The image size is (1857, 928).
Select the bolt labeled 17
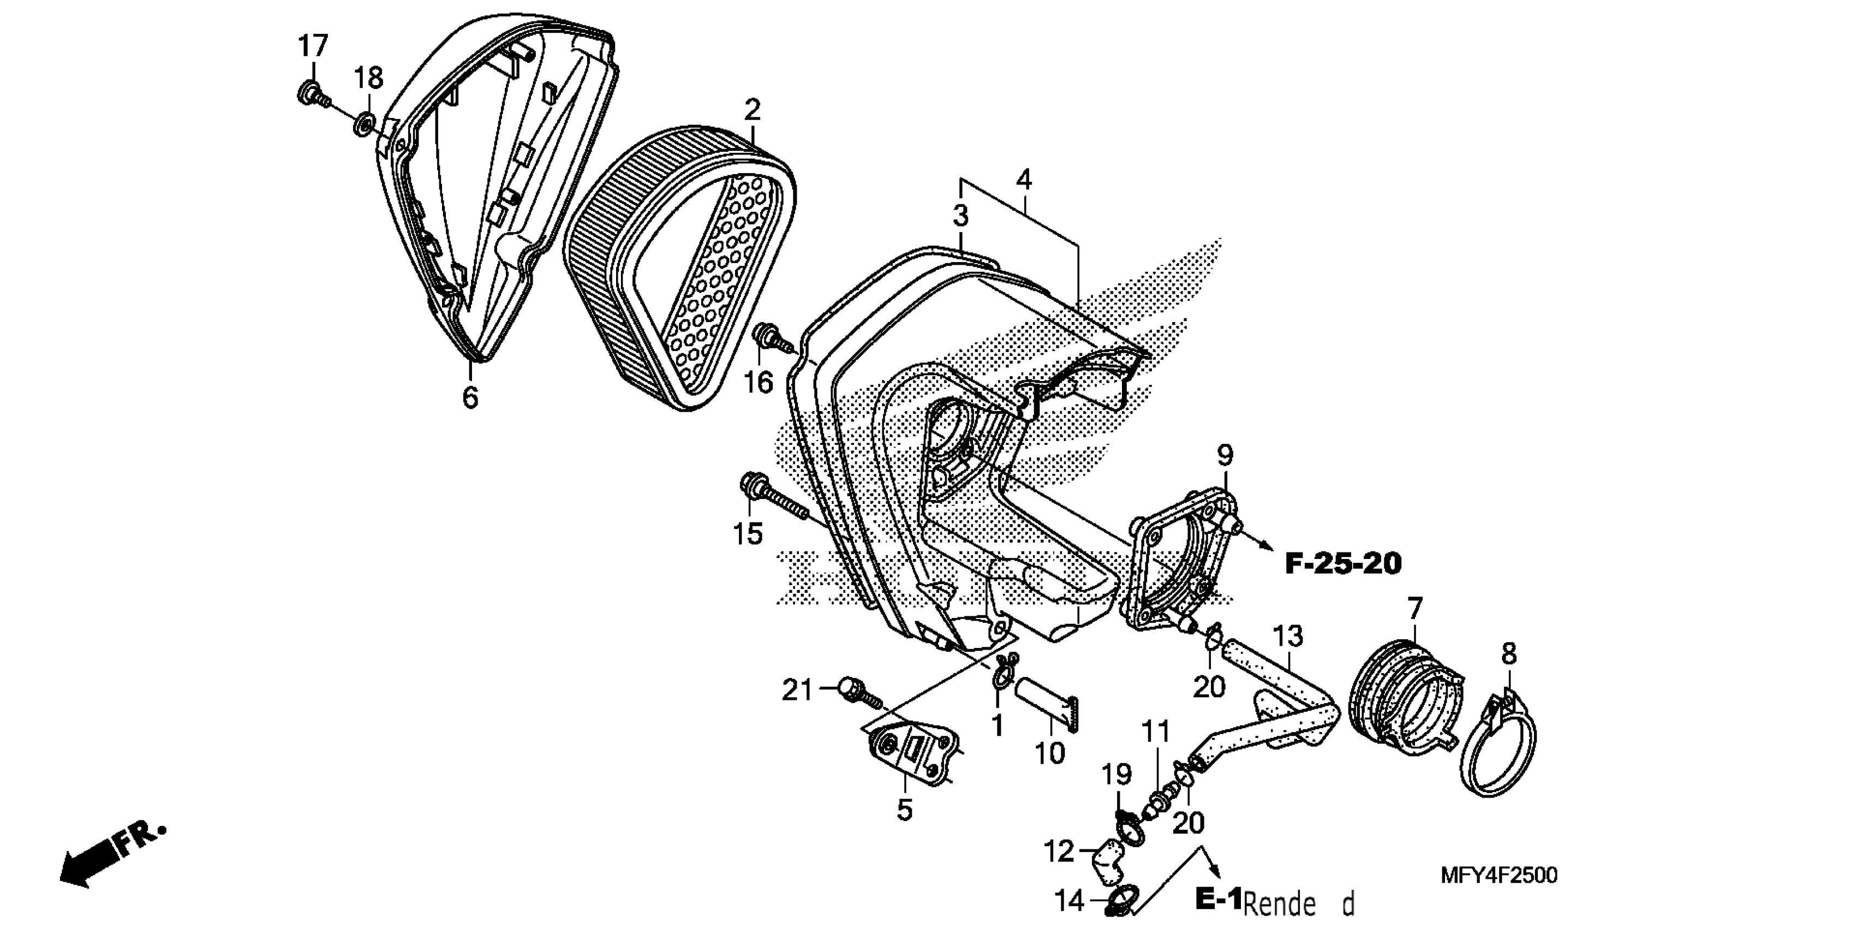(x=312, y=94)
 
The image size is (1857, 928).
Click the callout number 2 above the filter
(x=752, y=110)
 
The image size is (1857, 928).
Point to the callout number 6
(x=470, y=396)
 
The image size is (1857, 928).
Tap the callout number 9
(x=1225, y=456)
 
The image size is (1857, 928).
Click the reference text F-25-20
(x=1343, y=564)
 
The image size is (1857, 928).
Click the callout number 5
(x=905, y=810)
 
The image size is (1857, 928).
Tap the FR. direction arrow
(x=108, y=858)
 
